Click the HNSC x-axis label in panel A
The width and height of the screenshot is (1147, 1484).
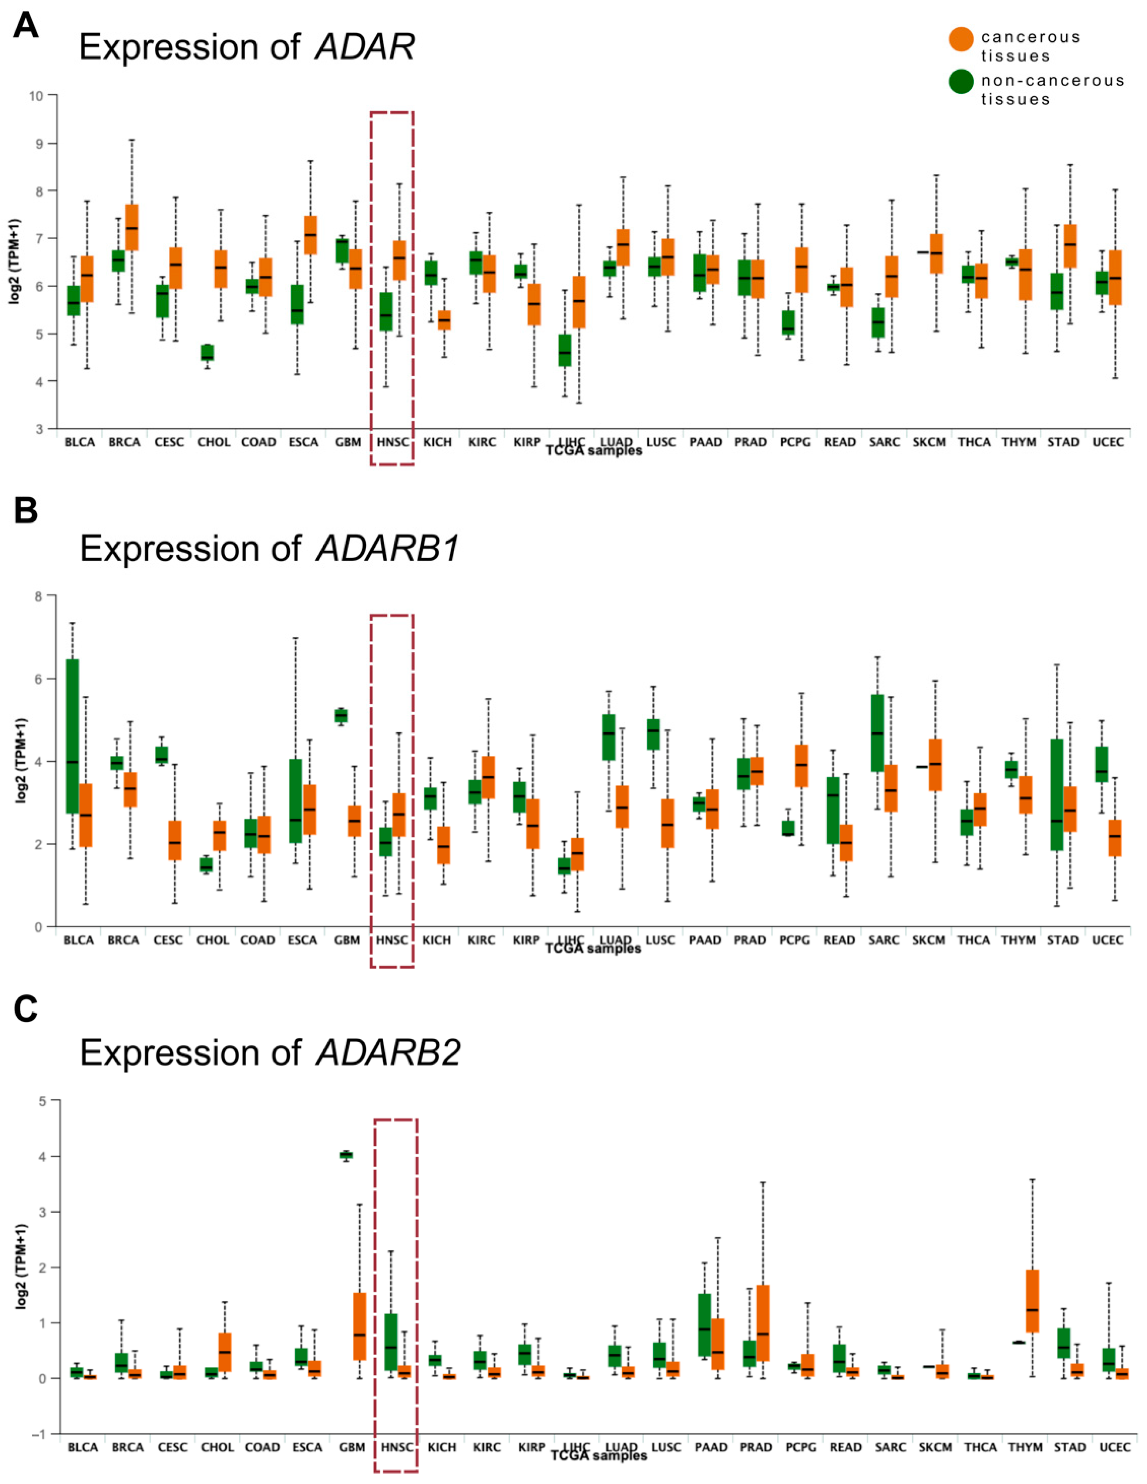pyautogui.click(x=392, y=442)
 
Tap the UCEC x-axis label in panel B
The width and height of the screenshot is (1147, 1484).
pyautogui.click(x=1107, y=940)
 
